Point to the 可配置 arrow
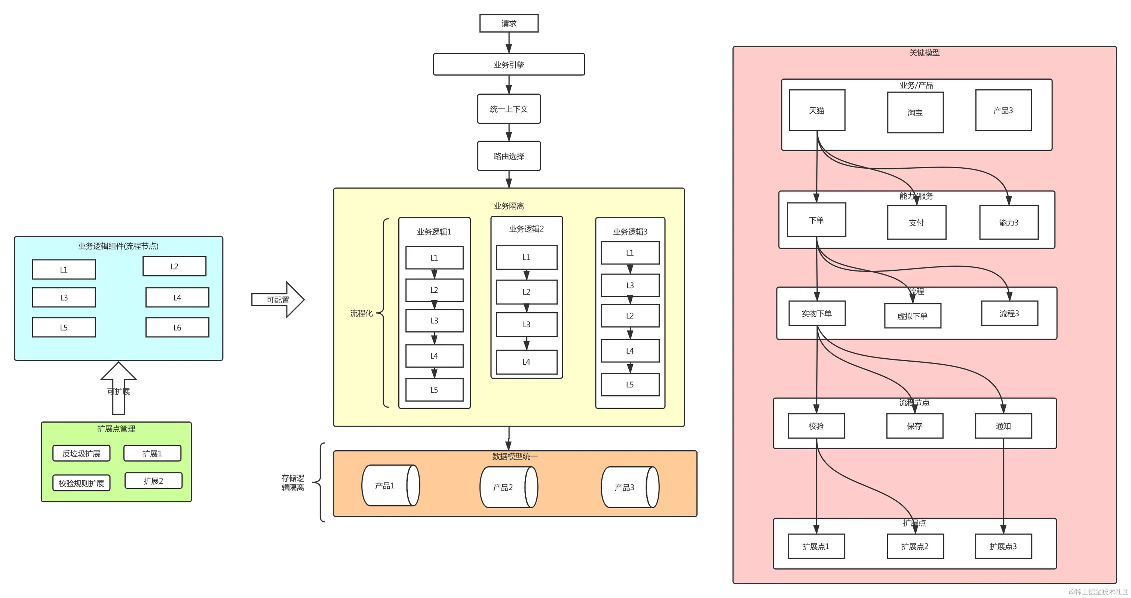(x=278, y=300)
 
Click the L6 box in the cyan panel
(x=177, y=328)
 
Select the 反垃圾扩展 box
(x=81, y=454)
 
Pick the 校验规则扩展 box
(x=81, y=483)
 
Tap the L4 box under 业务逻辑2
(x=526, y=362)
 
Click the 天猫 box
(x=816, y=110)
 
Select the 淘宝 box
(x=915, y=113)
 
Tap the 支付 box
(x=916, y=223)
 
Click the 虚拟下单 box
(x=912, y=316)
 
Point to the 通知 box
(x=1003, y=426)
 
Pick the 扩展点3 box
(x=1003, y=546)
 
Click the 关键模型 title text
(x=924, y=53)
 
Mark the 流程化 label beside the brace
(x=361, y=313)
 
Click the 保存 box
(x=914, y=426)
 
